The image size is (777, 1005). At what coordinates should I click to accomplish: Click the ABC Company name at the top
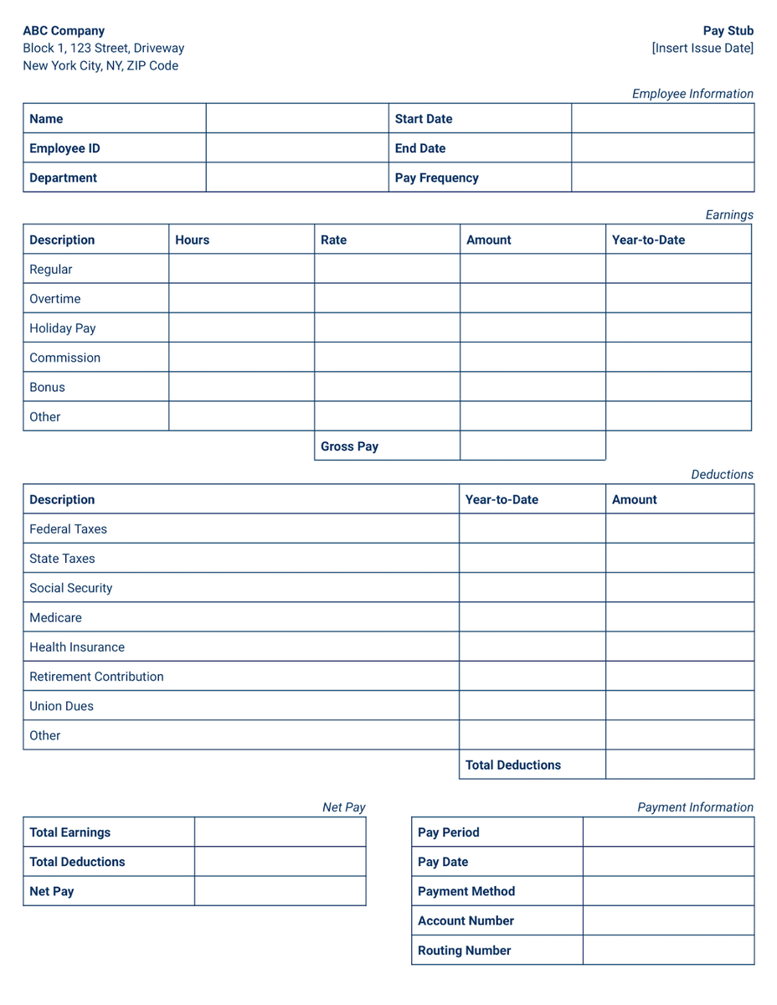point(64,31)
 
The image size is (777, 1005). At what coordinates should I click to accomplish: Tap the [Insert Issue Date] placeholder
point(702,49)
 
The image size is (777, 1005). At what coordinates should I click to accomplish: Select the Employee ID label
point(64,148)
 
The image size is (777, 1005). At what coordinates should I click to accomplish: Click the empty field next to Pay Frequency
point(662,178)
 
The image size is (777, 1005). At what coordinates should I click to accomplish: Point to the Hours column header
point(192,240)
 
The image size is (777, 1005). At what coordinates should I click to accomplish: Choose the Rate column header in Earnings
point(333,240)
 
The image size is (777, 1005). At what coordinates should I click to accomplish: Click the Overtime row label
point(55,299)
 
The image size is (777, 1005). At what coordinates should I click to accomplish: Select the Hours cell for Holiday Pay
point(241,328)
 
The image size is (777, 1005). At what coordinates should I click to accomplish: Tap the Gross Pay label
point(349,446)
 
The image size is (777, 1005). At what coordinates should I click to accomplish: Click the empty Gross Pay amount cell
point(533,446)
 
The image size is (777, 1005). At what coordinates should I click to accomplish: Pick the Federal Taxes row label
point(68,529)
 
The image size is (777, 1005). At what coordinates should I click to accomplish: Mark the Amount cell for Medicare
point(679,617)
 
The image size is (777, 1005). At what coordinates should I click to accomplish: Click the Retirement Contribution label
point(96,677)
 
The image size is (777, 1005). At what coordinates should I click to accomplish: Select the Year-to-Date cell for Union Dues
point(532,706)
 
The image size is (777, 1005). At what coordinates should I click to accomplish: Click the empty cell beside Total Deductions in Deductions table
point(679,765)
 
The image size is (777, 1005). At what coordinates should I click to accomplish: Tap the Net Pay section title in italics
point(344,807)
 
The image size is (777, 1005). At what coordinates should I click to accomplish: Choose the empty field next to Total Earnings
point(280,832)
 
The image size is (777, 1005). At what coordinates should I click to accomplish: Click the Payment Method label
point(466,891)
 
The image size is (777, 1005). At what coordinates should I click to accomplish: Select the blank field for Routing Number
point(668,951)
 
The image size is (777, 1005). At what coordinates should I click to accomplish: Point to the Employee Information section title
point(692,94)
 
